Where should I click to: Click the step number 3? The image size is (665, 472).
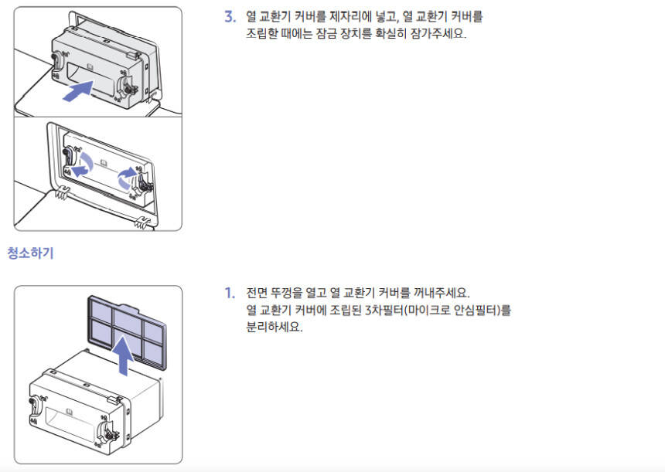[x=230, y=17]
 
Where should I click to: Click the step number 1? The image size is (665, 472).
[x=230, y=293]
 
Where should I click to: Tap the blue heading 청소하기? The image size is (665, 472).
[x=30, y=253]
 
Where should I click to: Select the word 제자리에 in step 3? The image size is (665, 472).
[x=351, y=17]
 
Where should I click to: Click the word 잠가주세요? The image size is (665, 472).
[x=438, y=33]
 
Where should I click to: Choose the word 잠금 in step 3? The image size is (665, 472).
[x=326, y=33]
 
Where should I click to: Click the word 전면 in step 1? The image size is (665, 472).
[x=256, y=293]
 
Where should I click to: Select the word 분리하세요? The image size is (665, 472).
[x=275, y=327]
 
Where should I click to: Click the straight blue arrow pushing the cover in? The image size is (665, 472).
[x=78, y=91]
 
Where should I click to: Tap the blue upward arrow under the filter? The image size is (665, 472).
[x=124, y=355]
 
